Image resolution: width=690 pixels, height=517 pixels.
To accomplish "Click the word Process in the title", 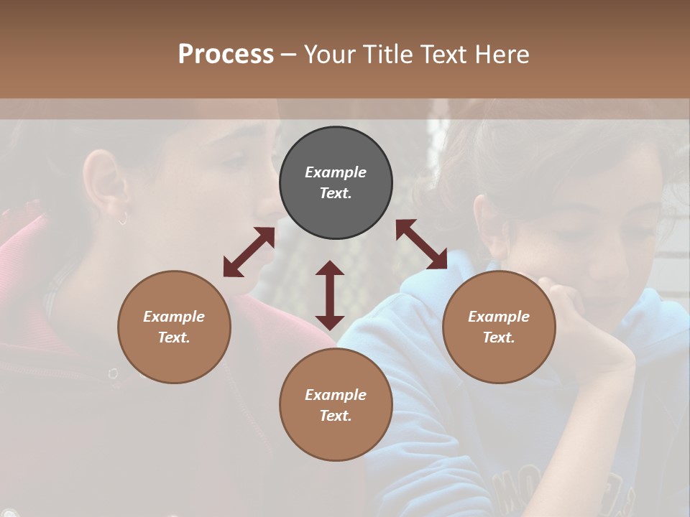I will point(226,55).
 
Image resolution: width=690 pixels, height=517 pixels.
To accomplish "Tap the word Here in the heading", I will point(500,55).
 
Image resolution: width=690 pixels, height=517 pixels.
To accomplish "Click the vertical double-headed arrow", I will point(330,295).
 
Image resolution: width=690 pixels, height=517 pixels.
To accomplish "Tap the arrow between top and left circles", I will point(249,252).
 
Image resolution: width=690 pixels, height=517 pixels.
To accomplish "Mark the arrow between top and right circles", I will point(421,244).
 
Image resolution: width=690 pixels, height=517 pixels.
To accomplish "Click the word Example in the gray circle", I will point(336,172).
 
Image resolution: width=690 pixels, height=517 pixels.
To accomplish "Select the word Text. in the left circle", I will point(174,337).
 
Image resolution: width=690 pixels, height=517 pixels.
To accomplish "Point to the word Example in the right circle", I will point(499,317).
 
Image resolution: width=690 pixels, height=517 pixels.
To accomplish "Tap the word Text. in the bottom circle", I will point(336,416).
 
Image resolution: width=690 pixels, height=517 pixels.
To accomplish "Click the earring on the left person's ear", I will point(123,218).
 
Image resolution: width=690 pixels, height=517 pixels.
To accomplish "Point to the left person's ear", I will point(103,183).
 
